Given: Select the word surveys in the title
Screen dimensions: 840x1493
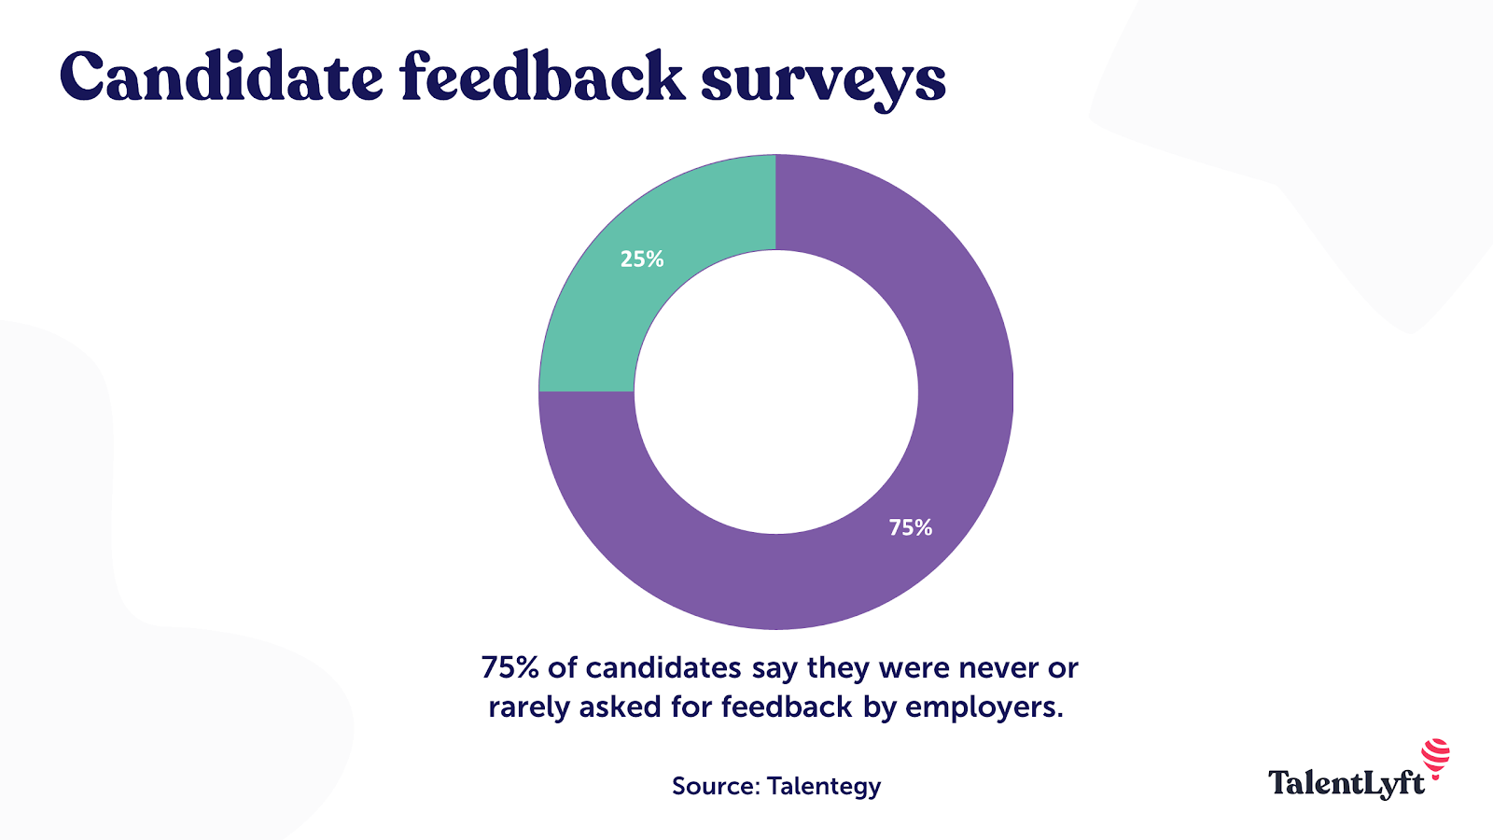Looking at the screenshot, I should pyautogui.click(x=823, y=82).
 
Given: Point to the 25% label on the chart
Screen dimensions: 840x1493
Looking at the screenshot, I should pyautogui.click(x=642, y=259).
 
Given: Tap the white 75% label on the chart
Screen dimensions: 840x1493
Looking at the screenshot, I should pyautogui.click(x=910, y=528).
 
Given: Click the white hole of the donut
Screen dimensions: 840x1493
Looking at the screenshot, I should pyautogui.click(x=775, y=392).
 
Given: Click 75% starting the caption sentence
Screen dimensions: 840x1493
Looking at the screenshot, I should pyautogui.click(x=510, y=668).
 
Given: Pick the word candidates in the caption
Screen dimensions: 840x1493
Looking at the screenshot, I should pyautogui.click(x=663, y=668).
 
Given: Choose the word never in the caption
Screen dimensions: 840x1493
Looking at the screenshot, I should pyautogui.click(x=998, y=668).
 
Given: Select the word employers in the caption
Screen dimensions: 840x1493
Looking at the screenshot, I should pyautogui.click(x=984, y=707).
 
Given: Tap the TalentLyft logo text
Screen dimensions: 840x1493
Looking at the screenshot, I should pyautogui.click(x=1346, y=783).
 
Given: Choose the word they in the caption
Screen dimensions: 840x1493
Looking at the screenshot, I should pyautogui.click(x=839, y=668).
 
